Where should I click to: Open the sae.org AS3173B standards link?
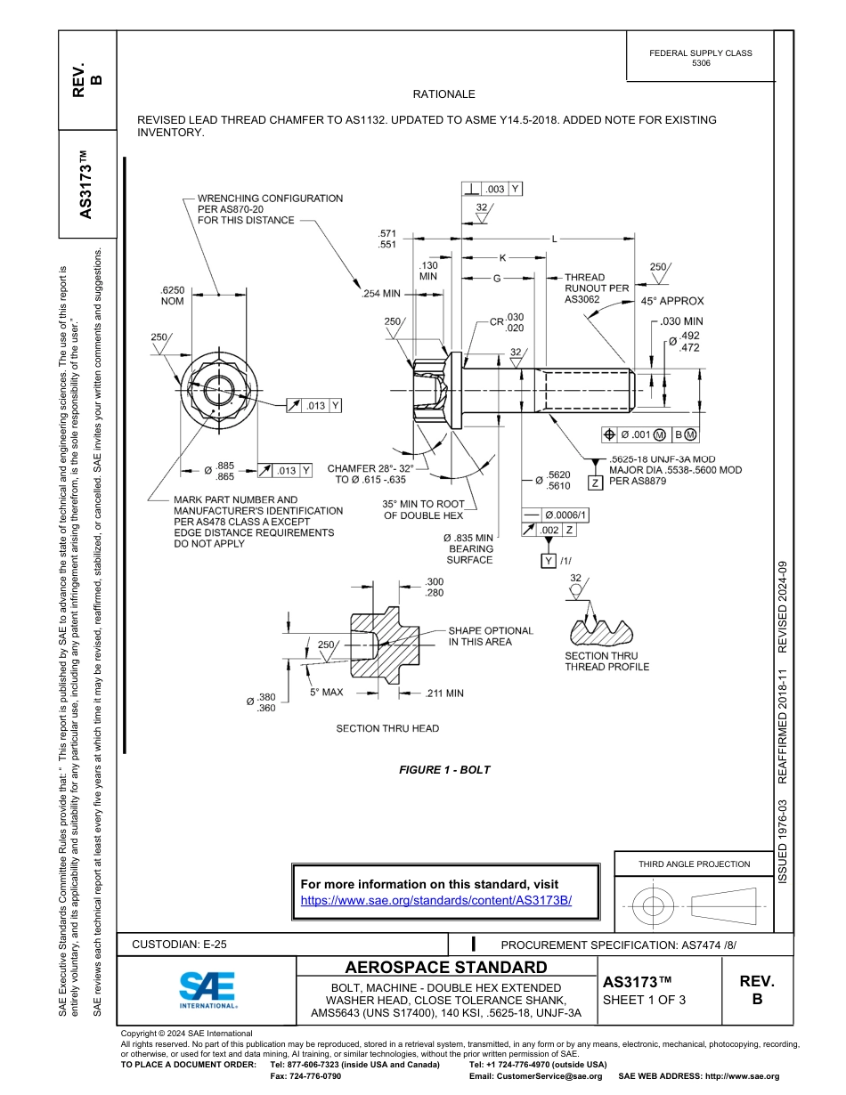coord(435,900)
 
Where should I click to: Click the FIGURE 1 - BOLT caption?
coord(444,770)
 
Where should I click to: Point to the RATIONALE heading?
coord(443,94)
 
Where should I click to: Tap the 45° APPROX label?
coord(672,301)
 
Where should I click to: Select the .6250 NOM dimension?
coord(172,296)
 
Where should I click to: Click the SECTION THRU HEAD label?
coord(387,728)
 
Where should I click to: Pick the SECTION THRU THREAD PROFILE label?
coord(606,661)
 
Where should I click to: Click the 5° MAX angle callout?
coord(326,692)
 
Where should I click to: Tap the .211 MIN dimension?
coord(445,692)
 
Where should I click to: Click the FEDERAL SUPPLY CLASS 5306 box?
coord(700,58)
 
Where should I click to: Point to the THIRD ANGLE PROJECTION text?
coord(694,864)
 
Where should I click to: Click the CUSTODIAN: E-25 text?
coord(185,945)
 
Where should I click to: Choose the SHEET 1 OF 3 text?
coord(645,1000)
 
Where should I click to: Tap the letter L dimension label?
coord(555,239)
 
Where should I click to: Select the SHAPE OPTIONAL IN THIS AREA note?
coord(490,636)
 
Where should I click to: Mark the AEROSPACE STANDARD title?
coord(446,968)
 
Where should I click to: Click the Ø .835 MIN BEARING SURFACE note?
coord(468,549)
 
